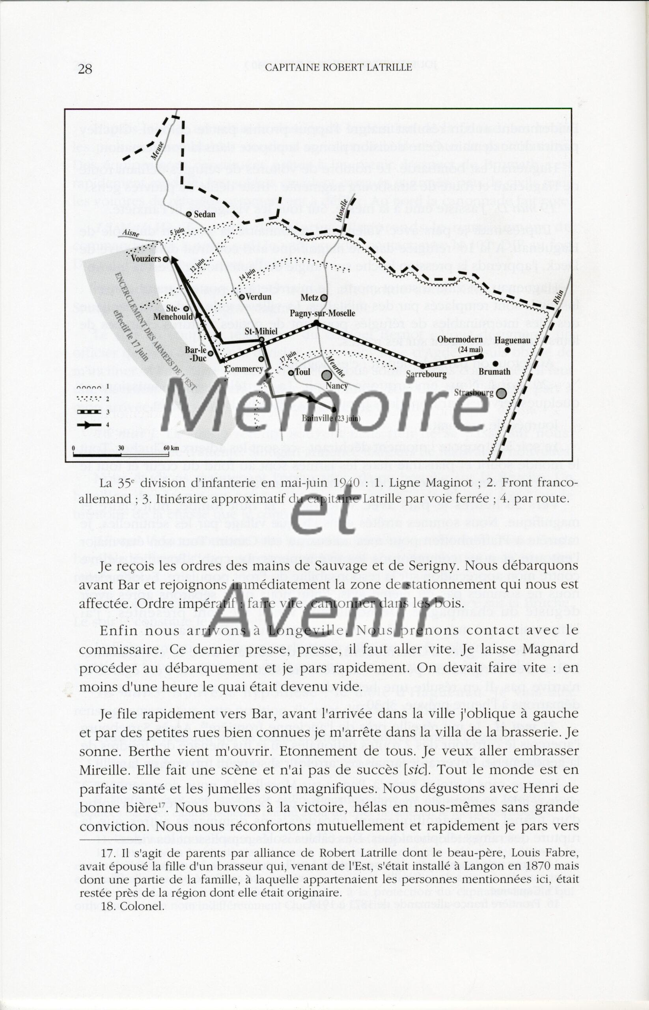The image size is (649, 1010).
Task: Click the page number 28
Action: [85, 69]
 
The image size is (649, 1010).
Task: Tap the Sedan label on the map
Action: [204, 214]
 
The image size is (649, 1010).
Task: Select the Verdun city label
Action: [257, 296]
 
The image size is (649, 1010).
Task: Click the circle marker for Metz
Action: [324, 298]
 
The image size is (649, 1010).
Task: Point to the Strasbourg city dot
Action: [501, 393]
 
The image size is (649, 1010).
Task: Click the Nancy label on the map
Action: [337, 385]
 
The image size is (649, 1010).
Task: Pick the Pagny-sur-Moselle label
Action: [323, 314]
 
